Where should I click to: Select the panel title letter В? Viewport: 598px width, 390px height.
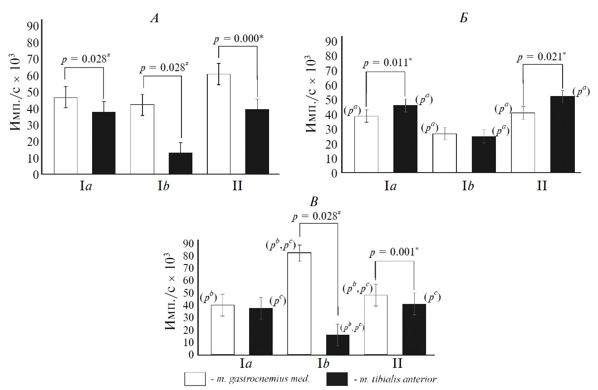click(314, 202)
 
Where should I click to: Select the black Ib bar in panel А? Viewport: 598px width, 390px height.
click(181, 163)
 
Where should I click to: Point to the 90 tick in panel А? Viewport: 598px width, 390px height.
click(33, 26)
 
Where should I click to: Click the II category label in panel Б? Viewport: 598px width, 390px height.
click(542, 186)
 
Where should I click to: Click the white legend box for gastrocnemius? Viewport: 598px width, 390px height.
click(196, 379)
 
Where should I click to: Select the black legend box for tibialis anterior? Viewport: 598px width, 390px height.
click(337, 379)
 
